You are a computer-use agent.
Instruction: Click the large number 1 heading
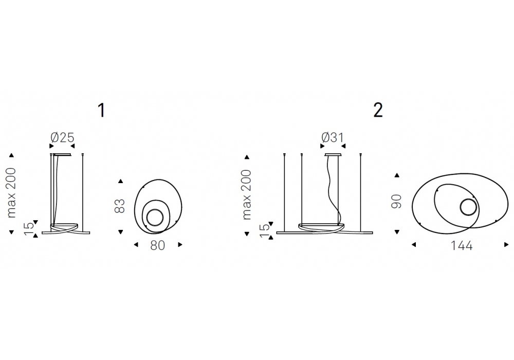pyautogui.click(x=102, y=110)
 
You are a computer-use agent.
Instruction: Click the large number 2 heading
pyautogui.click(x=378, y=110)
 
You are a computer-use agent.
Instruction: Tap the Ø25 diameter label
pyautogui.click(x=62, y=137)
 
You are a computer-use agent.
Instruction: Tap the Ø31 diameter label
pyautogui.click(x=333, y=137)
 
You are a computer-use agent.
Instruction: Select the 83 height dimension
pyautogui.click(x=120, y=206)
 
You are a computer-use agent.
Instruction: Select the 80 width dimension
pyautogui.click(x=158, y=245)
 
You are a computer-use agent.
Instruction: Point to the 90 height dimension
pyautogui.click(x=396, y=201)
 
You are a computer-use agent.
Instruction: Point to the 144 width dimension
pyautogui.click(x=462, y=245)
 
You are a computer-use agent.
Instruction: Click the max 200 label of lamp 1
pyautogui.click(x=11, y=193)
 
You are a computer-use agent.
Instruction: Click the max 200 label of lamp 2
pyautogui.click(x=246, y=194)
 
